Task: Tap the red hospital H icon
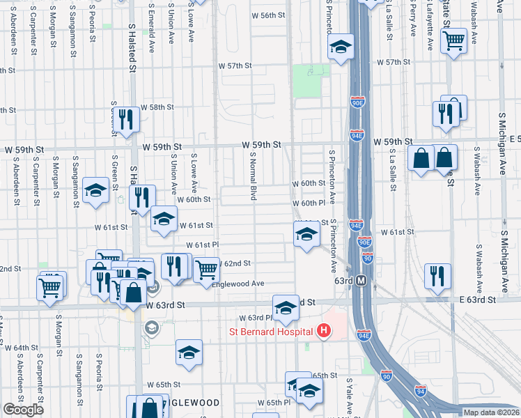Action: click(322, 332)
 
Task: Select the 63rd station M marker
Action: click(361, 280)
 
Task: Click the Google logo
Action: click(23, 410)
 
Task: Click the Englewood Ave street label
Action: click(238, 284)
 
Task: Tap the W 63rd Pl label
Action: click(254, 318)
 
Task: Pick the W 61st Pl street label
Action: click(203, 245)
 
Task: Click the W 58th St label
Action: click(157, 107)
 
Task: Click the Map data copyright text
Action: click(492, 412)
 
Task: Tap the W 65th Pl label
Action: click(273, 403)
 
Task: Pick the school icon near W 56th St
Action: click(341, 48)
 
